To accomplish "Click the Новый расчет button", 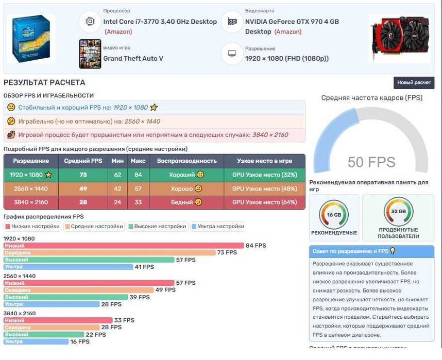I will pos(414,83).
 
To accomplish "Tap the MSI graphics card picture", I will pos(399,39).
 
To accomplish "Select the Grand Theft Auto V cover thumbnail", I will pos(90,54).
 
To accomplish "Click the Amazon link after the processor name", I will pos(118,32).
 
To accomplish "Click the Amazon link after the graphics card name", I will pos(288,32).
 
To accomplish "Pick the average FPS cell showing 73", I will pos(83,175).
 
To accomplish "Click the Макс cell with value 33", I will pos(138,202).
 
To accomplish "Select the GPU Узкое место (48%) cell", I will pos(264,188).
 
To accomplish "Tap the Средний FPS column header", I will pos(83,161).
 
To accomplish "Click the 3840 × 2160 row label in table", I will pos(31,202).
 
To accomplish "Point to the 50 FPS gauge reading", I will pos(371,162).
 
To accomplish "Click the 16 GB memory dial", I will pos(334,214).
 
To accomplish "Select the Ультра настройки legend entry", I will pos(218,227).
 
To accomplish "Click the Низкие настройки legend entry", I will pos(32,227).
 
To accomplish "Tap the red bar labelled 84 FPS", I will pos(124,246).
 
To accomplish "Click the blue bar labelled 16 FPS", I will pos(36,341).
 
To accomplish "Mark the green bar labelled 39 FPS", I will pos(66,297).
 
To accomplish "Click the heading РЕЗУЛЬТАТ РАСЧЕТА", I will pos(44,82).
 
